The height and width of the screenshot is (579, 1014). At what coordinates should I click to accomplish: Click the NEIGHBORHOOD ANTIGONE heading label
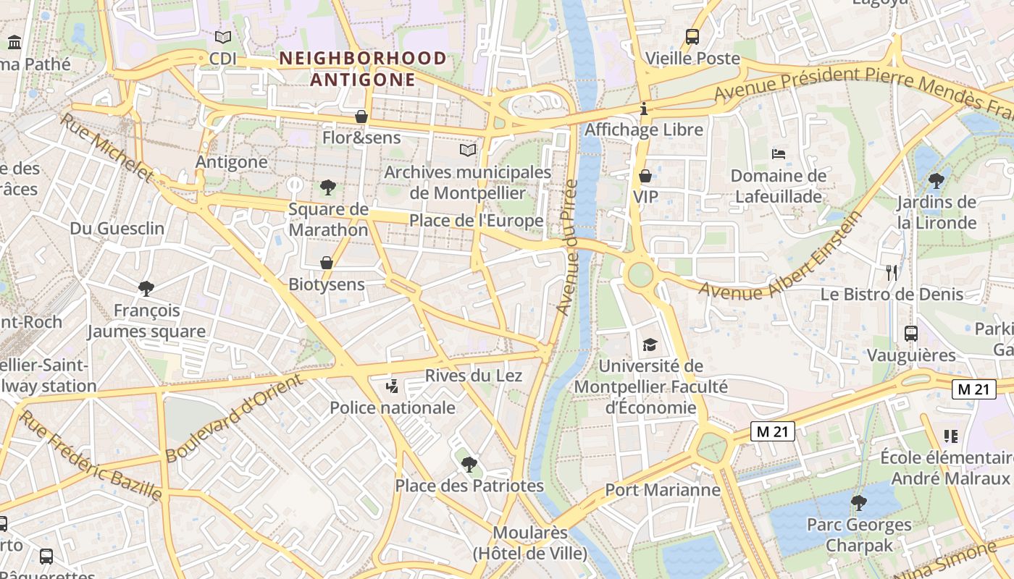pos(363,68)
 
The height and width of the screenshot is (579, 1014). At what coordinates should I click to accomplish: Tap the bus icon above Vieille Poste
pos(692,36)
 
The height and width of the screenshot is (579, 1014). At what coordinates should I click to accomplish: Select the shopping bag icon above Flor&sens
pos(361,116)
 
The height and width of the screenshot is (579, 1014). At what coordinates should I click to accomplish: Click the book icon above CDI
pos(223,37)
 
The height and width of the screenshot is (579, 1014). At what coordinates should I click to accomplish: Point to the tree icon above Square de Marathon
pos(328,188)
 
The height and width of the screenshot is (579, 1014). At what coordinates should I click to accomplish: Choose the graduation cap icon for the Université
pos(650,345)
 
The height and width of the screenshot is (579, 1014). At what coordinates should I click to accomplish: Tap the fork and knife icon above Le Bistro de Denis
pos(892,272)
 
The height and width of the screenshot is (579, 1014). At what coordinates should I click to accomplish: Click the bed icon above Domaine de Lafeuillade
pos(779,153)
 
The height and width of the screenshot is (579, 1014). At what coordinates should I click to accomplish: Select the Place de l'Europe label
pos(477,221)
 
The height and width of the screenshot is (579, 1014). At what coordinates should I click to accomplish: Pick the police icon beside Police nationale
pos(393,386)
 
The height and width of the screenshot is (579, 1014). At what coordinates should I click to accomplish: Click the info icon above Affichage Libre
pos(644,109)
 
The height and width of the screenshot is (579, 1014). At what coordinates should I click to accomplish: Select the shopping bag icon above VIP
pos(645,176)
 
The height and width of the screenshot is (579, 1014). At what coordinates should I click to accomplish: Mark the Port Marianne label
pos(663,490)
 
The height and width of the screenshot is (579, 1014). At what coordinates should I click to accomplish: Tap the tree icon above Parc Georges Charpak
pos(859,502)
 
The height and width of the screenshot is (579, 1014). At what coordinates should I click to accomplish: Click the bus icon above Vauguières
pos(911,334)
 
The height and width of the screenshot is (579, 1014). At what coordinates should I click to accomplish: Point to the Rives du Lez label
pos(474,375)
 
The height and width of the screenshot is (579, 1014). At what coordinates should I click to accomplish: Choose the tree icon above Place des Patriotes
pos(469,464)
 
